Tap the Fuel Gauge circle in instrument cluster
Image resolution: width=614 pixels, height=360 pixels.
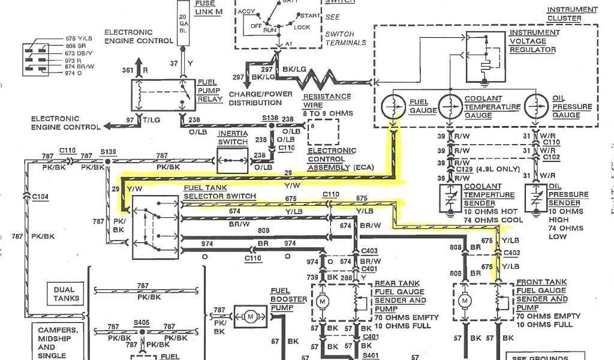coord(394,107)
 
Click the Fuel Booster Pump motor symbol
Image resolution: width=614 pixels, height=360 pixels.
coord(251,314)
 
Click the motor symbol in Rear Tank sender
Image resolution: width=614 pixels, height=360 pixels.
coord(322,300)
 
